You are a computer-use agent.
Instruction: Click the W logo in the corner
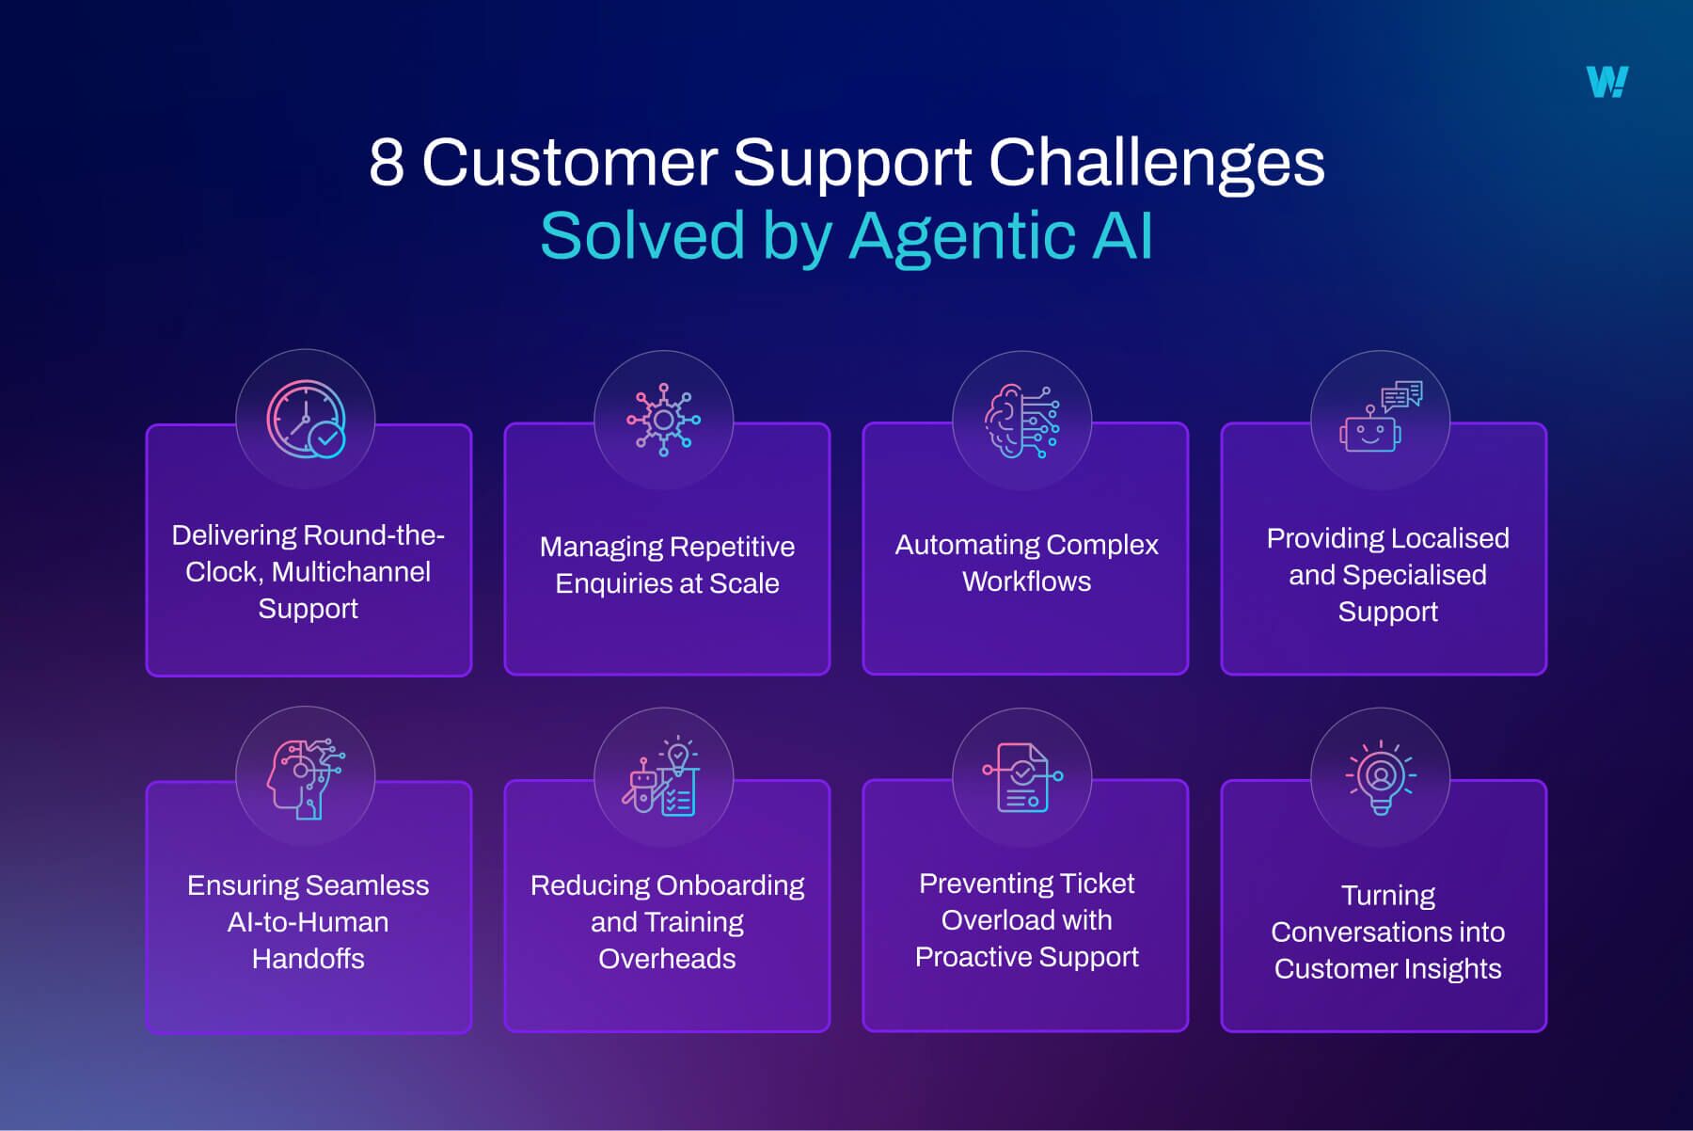(1607, 82)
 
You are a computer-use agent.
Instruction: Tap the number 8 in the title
(387, 162)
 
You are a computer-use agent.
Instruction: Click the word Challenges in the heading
(1156, 164)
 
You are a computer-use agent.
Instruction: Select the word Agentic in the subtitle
(962, 236)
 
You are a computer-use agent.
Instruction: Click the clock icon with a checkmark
(307, 420)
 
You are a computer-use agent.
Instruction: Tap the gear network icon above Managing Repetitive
(664, 420)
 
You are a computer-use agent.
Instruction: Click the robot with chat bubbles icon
(1381, 417)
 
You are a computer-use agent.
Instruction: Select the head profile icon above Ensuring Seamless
(306, 778)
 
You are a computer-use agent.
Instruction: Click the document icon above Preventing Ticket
(1022, 777)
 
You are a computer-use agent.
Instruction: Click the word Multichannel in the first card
(351, 572)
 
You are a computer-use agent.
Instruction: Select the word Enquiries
(623, 584)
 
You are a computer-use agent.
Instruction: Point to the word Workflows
(1026, 581)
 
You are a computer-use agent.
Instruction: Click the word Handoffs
(308, 959)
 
